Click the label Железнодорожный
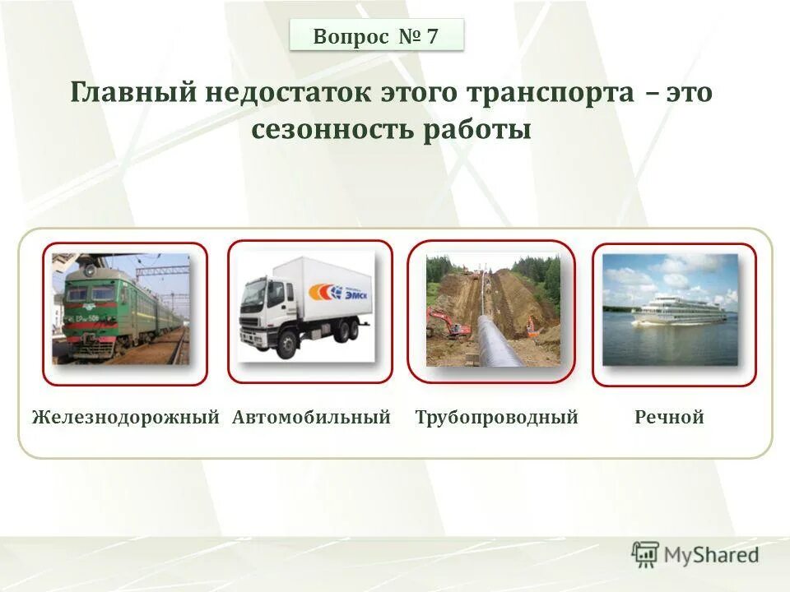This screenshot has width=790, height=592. [x=125, y=418]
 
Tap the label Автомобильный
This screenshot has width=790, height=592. [x=311, y=418]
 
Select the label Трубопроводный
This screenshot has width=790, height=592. [x=496, y=418]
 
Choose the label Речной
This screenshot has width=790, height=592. [x=669, y=418]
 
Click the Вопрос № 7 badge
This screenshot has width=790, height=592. [x=376, y=36]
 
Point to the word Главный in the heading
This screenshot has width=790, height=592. [x=132, y=93]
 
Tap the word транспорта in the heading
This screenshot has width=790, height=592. [x=550, y=93]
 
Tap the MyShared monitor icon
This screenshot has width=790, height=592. [x=646, y=554]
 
